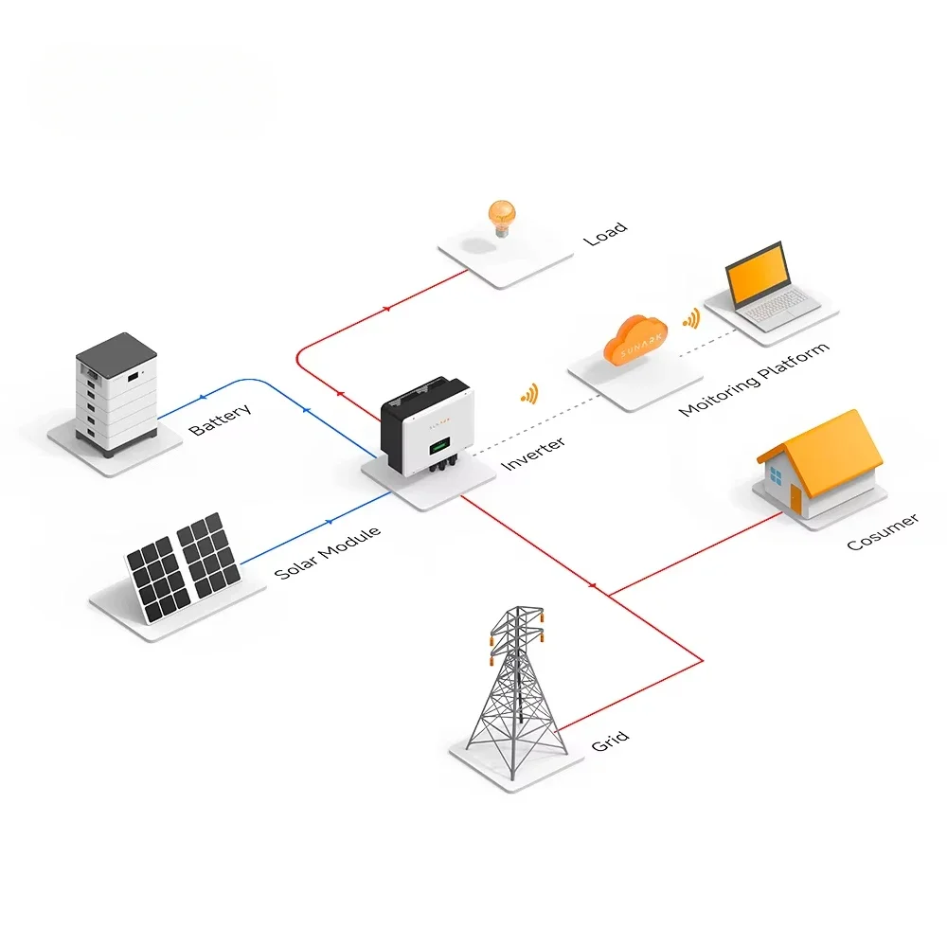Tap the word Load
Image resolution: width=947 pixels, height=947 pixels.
pos(605,234)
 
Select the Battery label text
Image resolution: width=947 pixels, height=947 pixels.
pos(221,420)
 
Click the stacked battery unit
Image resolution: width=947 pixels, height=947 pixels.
pos(116,393)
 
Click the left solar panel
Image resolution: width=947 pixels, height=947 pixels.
pos(158,579)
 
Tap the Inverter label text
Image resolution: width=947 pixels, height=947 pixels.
pos(533,453)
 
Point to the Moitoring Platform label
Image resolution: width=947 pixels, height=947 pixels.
pos(754,380)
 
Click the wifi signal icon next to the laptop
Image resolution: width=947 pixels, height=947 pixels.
pos(692,318)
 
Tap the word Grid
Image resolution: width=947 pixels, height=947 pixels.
pos(610,742)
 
